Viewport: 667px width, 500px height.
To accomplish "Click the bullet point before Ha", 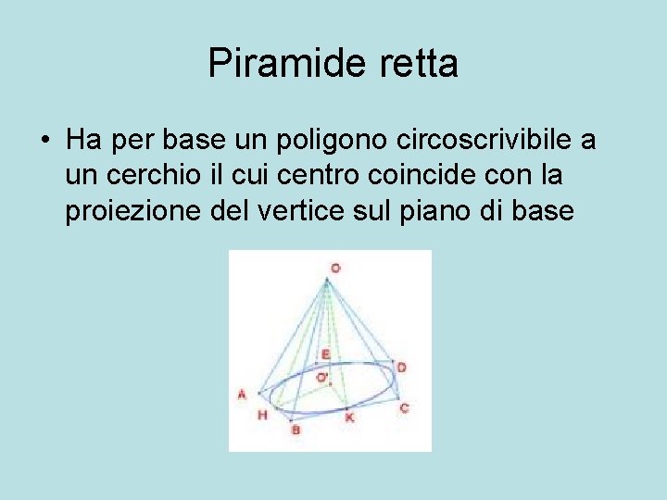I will click(44, 142).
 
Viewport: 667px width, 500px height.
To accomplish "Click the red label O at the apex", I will click(335, 268).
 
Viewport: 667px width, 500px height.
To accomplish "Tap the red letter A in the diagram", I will click(243, 394).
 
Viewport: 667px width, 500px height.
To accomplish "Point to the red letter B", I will click(296, 430).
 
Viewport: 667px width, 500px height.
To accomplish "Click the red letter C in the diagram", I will click(404, 407).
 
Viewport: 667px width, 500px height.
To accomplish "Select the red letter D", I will click(401, 368).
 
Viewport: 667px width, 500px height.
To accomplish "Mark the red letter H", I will click(263, 415).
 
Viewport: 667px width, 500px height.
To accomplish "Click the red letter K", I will click(349, 418).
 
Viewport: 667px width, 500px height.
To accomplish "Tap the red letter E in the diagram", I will click(325, 355).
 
